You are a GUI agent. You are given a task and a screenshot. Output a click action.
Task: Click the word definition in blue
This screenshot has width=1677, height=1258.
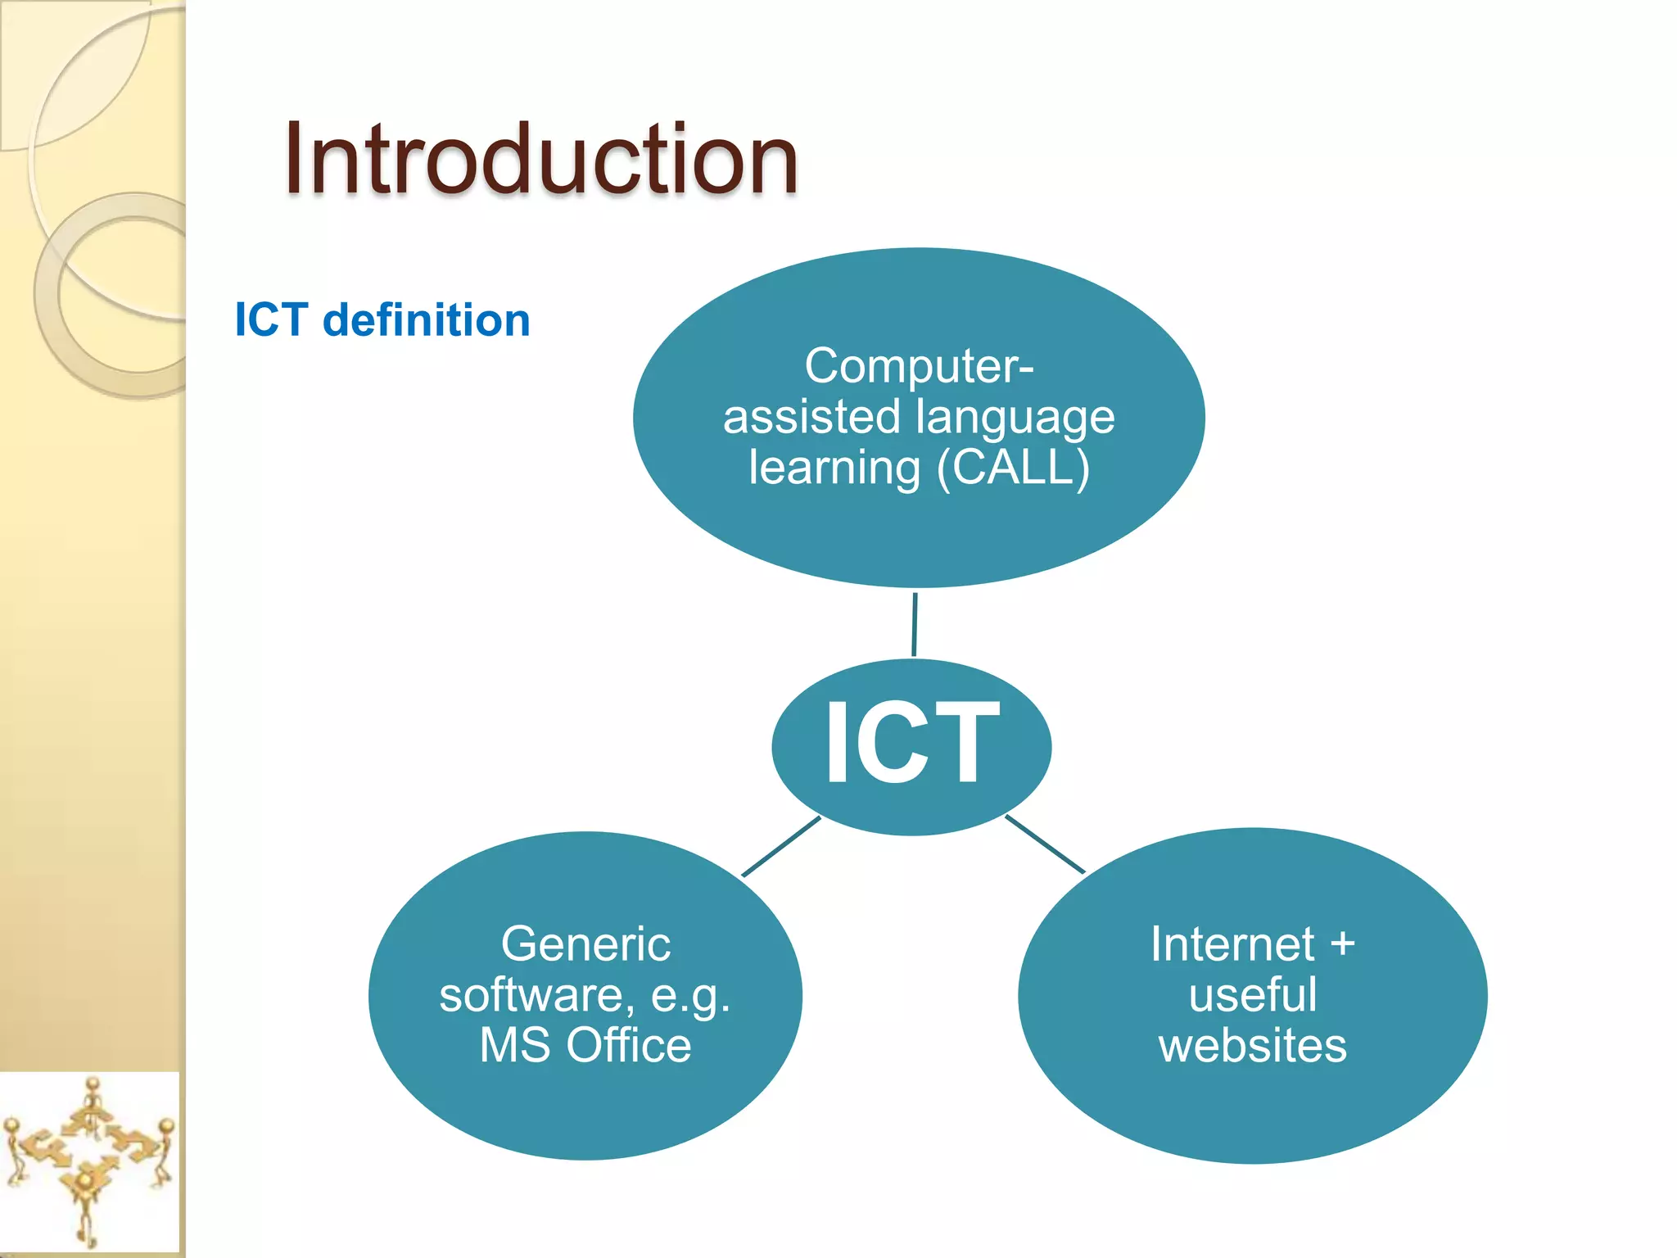[x=427, y=319]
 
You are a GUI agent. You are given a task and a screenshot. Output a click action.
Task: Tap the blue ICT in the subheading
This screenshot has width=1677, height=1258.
[x=271, y=319]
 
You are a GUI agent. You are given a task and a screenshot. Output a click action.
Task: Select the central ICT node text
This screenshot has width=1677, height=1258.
[x=911, y=744]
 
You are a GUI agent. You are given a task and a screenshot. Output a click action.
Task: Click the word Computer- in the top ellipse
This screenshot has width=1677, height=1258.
[x=919, y=365]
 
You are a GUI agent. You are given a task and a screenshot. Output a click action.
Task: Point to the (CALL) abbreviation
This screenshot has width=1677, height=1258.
[x=1013, y=468]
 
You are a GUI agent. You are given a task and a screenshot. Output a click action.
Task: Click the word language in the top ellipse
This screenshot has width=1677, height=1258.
[x=1015, y=418]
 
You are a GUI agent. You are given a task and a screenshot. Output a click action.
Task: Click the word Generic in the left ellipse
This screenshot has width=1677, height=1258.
[x=585, y=943]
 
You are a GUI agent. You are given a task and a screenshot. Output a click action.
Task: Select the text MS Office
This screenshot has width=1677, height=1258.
[x=585, y=1045]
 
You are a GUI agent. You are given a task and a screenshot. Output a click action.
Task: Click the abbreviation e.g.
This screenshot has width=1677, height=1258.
[x=689, y=996]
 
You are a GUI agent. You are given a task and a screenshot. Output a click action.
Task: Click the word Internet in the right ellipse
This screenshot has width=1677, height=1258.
[x=1232, y=943]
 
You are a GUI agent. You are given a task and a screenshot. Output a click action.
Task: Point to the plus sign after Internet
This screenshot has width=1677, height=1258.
[x=1342, y=944]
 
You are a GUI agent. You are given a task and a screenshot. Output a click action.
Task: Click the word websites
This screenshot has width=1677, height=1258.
[x=1252, y=1046]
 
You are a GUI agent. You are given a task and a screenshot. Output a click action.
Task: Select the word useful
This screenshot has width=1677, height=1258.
[x=1252, y=994]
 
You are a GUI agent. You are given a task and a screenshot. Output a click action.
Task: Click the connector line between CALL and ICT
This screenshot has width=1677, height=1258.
[x=914, y=624]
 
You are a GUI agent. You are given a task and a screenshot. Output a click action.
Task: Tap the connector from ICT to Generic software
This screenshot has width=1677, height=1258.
[x=780, y=847]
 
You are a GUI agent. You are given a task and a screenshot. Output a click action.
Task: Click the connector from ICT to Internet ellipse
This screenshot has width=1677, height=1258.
[x=1044, y=844]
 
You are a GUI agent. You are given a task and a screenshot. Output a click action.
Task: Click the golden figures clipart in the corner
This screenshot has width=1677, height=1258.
[x=88, y=1163]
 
